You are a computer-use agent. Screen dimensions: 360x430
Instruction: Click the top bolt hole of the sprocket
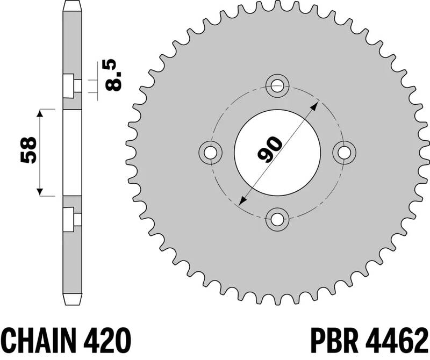(x=278, y=84)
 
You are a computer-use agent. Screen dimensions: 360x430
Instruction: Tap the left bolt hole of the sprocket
(x=211, y=152)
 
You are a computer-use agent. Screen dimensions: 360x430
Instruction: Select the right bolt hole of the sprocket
(x=345, y=152)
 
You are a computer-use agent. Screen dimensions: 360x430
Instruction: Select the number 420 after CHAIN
(x=107, y=340)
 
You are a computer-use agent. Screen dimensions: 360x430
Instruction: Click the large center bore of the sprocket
(x=278, y=152)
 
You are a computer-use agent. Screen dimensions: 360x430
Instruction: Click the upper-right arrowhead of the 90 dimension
(x=316, y=103)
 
